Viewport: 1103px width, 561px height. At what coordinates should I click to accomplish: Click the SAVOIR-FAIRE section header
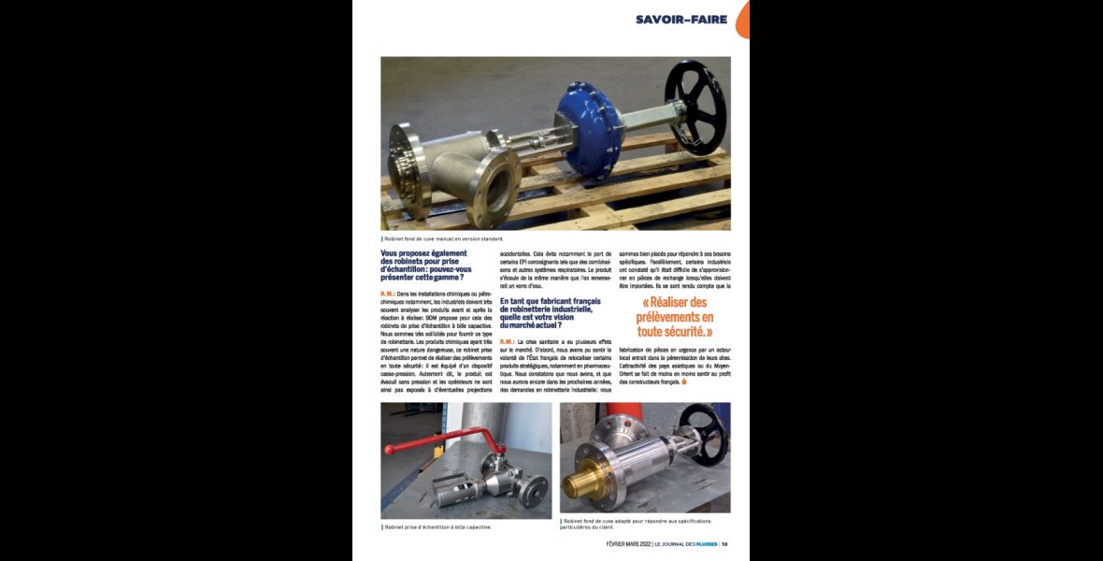[x=681, y=19]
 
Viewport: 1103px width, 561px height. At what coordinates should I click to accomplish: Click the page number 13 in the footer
[x=724, y=544]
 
